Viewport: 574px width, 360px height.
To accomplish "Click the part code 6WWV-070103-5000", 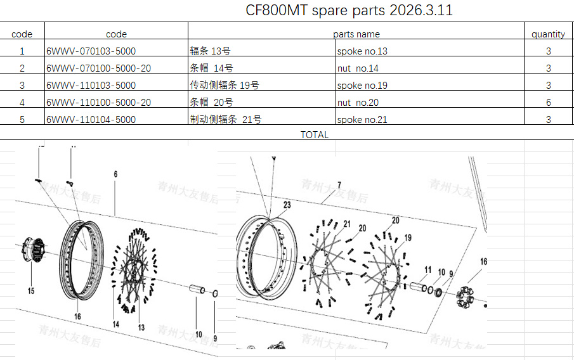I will [91, 51].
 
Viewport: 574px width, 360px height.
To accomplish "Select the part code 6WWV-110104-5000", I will [91, 119].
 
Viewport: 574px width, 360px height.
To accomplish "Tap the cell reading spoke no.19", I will [362, 86].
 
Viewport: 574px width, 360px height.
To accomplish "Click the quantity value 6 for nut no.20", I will [549, 102].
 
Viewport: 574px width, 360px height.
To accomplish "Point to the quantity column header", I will [548, 34].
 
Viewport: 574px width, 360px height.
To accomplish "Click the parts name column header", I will [356, 34].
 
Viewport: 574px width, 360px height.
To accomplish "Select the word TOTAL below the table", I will [315, 134].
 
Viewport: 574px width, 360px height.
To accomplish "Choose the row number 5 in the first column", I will [22, 119].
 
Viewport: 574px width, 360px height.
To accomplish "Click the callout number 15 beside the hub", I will [31, 291].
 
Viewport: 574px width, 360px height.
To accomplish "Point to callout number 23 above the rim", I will [287, 205].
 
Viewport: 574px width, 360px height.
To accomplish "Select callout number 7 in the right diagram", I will [339, 185].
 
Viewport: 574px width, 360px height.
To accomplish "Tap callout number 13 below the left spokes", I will [141, 327].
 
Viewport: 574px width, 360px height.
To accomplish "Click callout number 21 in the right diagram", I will [347, 224].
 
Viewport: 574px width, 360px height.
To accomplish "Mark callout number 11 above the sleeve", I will [428, 270].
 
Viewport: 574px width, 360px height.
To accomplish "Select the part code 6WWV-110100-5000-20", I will [98, 102].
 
